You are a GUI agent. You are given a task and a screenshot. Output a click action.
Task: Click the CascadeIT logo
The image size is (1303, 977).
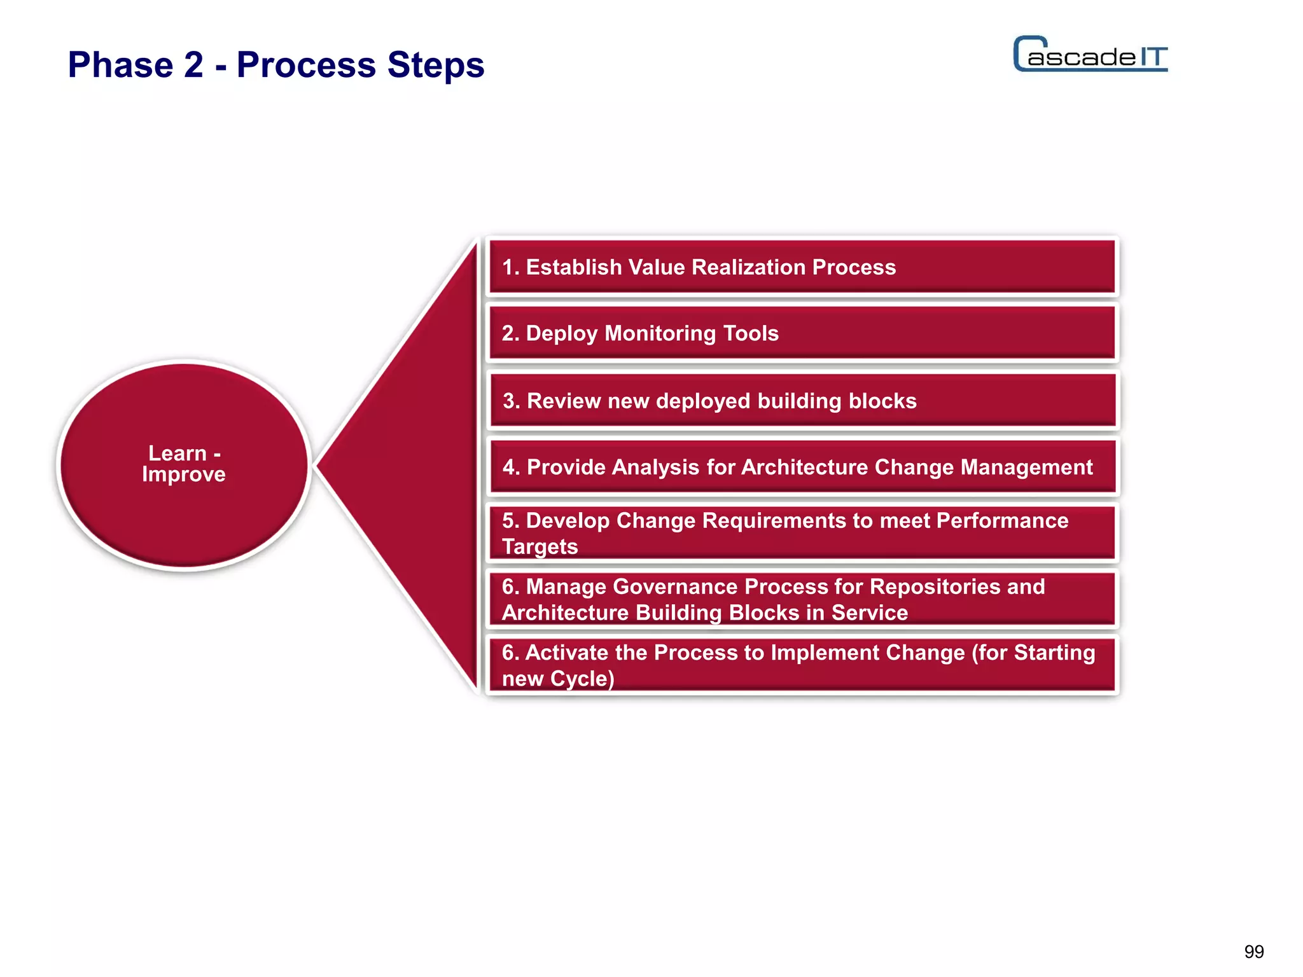(1090, 55)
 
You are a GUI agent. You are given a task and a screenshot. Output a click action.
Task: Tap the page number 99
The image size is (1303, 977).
(1253, 952)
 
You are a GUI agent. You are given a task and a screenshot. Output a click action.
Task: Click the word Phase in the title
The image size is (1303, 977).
(121, 65)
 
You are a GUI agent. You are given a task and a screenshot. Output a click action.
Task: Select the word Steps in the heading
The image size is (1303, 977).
(436, 65)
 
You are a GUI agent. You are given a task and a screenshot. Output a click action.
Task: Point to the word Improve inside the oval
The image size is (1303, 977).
(183, 475)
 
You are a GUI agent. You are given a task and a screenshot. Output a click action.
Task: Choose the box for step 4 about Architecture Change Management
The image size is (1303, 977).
(802, 468)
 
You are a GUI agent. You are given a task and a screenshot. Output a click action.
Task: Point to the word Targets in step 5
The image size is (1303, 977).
(540, 546)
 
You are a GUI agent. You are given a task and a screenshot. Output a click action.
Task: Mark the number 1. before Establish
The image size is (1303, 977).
(510, 267)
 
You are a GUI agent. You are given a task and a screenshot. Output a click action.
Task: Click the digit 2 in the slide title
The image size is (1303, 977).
(193, 65)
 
